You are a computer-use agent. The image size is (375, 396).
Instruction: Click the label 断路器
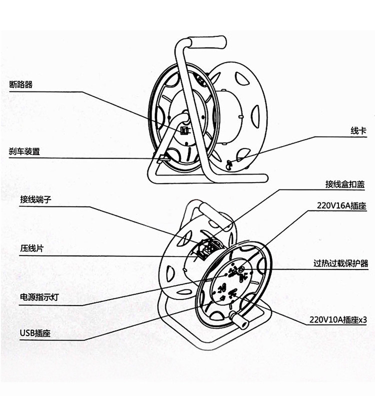pos(21,84)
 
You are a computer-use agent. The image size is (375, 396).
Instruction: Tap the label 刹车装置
pos(24,151)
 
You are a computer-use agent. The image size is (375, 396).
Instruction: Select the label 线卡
pos(357,131)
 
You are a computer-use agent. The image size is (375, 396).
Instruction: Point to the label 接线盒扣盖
pos(344,184)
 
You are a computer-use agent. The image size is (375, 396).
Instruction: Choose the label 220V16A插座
pos(341,205)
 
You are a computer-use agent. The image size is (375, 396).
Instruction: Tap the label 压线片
pos(28,248)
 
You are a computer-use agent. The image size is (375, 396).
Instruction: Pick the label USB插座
pos(35,333)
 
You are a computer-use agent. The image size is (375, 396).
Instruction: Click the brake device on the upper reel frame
pos(160,158)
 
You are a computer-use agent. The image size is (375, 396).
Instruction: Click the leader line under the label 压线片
pos(100,256)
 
